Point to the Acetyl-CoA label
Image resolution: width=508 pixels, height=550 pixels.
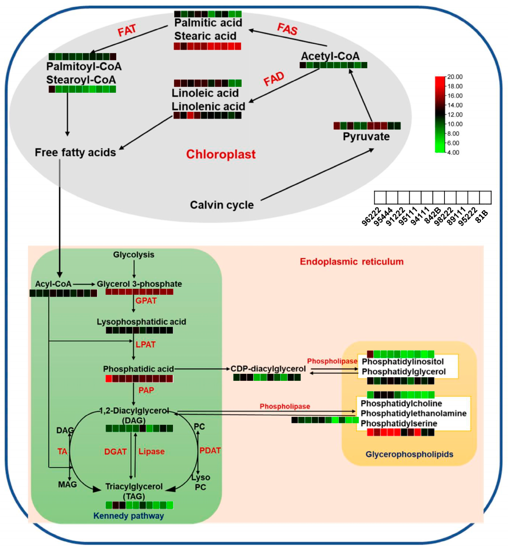330,56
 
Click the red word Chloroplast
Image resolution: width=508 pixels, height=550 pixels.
221,154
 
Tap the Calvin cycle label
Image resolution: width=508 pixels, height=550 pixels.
222,205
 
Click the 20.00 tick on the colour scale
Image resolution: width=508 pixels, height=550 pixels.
455,77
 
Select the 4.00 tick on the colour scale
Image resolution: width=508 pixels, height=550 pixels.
453,152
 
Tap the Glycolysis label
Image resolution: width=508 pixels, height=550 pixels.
134,255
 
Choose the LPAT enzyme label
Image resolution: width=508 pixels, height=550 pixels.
145,344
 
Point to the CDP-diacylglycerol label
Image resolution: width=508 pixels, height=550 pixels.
268,369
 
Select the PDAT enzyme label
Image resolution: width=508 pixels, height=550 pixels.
210,450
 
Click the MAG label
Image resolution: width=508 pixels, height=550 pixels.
67,484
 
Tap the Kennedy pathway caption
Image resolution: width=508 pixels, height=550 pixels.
129,516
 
